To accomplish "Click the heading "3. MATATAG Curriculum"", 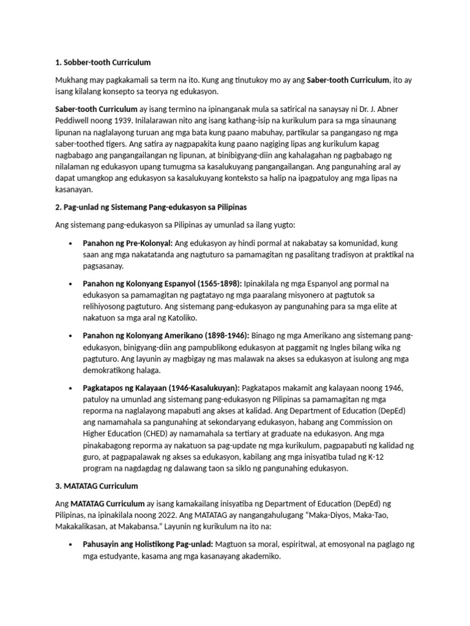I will tap(97, 486).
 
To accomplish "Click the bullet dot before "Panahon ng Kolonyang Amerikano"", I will tap(73, 336).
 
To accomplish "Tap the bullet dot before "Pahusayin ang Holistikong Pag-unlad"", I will tap(73, 544).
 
